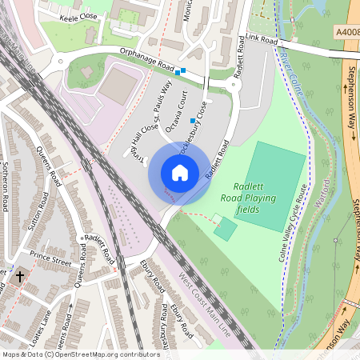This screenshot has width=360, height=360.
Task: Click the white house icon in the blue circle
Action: click(179, 173)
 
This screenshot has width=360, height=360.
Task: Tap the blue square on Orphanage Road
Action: click(182, 71)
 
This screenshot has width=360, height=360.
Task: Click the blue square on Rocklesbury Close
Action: click(193, 121)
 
